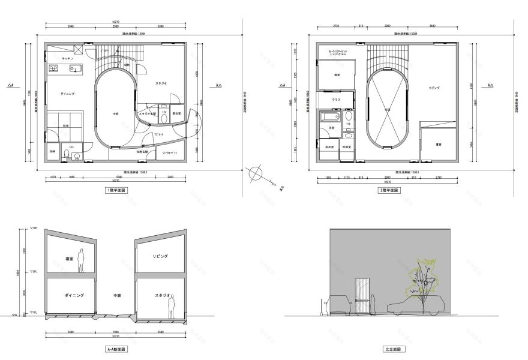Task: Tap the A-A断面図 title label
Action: tap(116, 349)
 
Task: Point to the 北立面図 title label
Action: tap(390, 349)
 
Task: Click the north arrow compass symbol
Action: tap(255, 173)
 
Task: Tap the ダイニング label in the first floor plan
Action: tap(67, 94)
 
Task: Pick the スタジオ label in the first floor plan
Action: tap(161, 83)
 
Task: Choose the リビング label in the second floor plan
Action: tap(434, 88)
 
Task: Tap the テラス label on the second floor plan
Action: tap(328, 100)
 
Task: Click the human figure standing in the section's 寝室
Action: tap(83, 261)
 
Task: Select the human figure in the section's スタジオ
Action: tap(172, 307)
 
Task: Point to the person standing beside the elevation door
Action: tap(373, 303)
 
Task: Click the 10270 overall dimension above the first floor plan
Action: tap(116, 22)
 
